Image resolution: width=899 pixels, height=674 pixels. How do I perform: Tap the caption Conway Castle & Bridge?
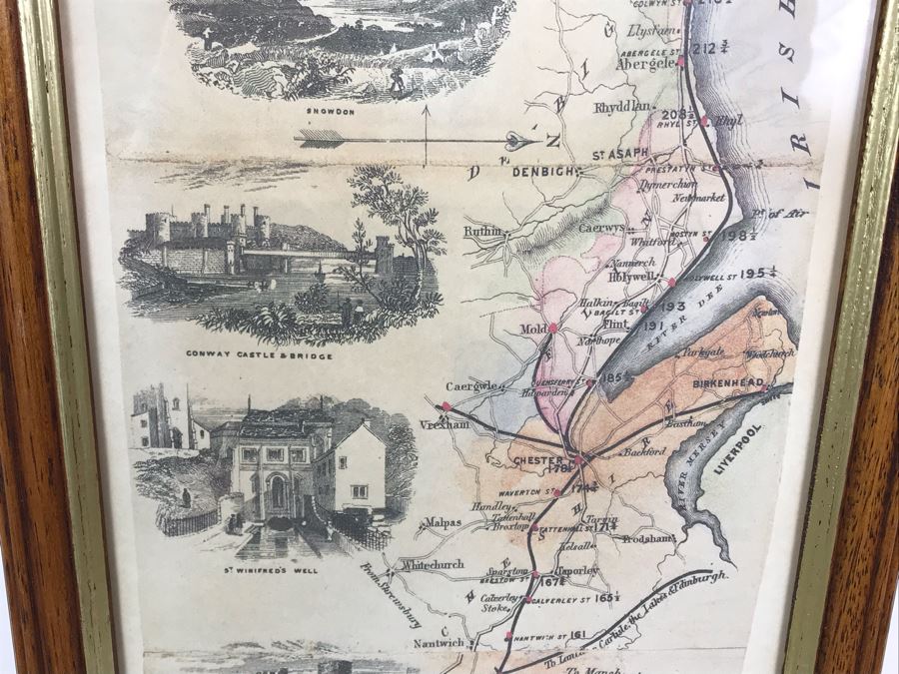click(x=259, y=353)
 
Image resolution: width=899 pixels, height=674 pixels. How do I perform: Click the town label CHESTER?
click(x=537, y=460)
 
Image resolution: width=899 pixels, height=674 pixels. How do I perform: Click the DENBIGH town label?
click(x=543, y=171)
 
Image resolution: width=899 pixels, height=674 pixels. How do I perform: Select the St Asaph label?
click(x=620, y=154)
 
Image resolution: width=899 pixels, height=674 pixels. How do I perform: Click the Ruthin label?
click(x=481, y=232)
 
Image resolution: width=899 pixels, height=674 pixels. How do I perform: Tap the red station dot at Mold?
click(x=552, y=327)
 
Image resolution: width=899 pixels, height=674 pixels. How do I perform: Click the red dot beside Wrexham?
click(x=446, y=405)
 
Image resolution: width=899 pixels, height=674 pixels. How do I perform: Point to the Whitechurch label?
click(x=433, y=564)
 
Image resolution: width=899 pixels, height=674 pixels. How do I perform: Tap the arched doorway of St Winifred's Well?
click(x=277, y=493)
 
